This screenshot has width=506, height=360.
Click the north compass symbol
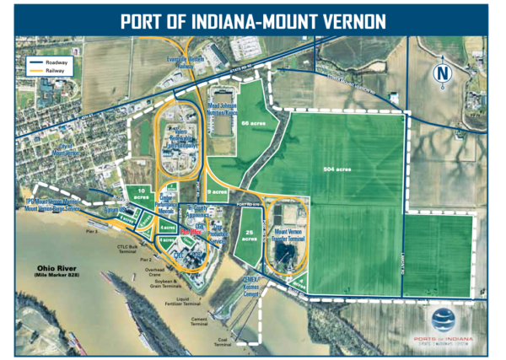[441, 74]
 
